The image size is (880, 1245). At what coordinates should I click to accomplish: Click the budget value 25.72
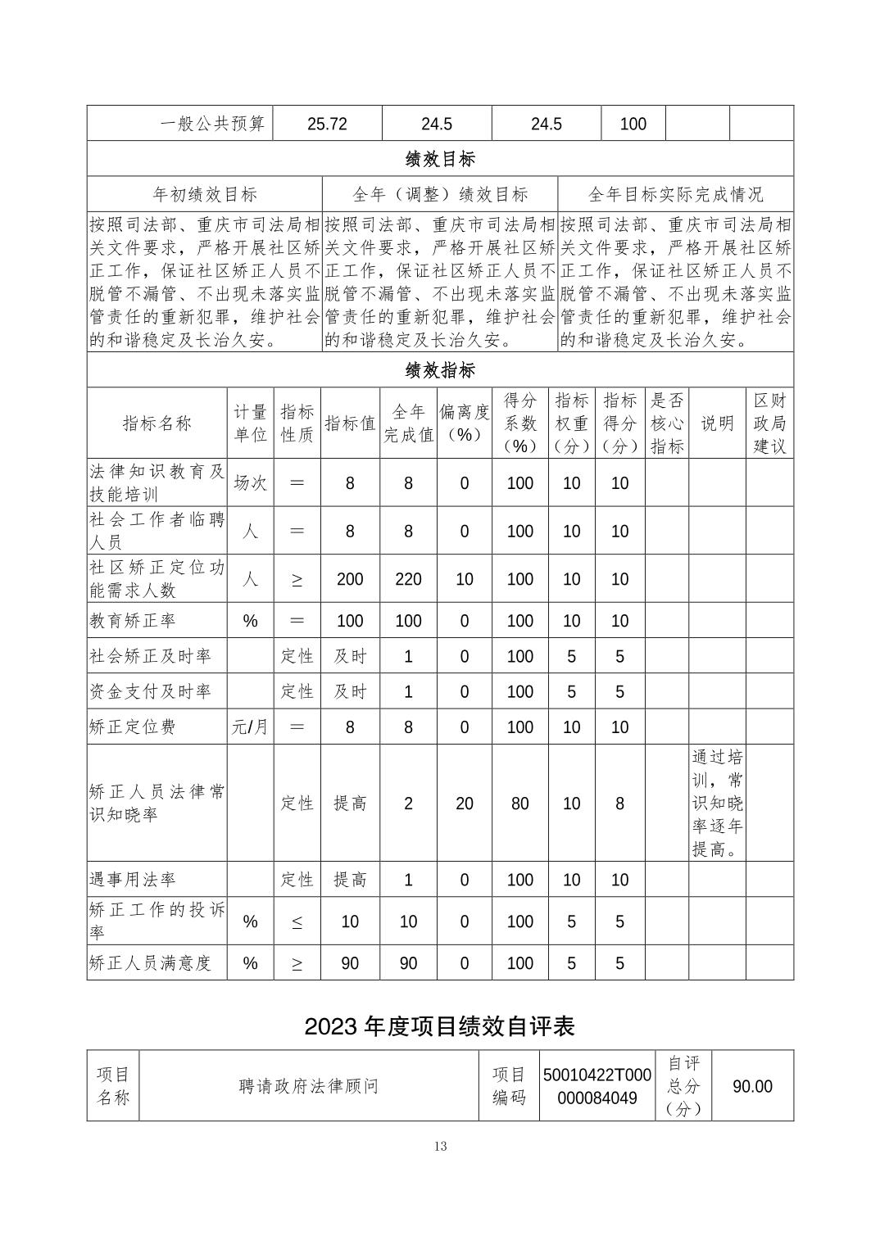(327, 124)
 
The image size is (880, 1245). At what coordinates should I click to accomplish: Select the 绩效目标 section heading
(440, 159)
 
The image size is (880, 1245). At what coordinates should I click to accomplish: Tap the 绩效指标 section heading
(440, 370)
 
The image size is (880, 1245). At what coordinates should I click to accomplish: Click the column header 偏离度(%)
(464, 423)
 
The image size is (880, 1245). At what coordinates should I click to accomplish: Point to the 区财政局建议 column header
(769, 423)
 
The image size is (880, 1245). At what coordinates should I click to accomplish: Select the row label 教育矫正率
(133, 621)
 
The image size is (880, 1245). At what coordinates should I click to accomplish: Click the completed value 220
(408, 579)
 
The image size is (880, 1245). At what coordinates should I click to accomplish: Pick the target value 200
(350, 579)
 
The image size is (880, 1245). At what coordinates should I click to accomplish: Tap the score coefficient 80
(520, 804)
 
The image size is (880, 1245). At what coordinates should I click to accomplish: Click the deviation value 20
(464, 804)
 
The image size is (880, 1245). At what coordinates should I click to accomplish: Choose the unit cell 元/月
(250, 727)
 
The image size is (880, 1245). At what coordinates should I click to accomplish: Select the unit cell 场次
(250, 483)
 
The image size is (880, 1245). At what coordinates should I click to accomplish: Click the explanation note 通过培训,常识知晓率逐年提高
(717, 803)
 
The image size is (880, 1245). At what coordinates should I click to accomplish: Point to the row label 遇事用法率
(133, 880)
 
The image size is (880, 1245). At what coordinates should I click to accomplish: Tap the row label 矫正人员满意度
(150, 963)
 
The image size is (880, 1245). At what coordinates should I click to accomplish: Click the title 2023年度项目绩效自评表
(440, 1026)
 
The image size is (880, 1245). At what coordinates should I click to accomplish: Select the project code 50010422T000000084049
(596, 1086)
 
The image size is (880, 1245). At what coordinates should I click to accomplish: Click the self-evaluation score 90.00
(752, 1086)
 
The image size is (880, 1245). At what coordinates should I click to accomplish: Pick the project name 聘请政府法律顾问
(309, 1086)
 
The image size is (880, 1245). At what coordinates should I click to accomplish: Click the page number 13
(440, 1146)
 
